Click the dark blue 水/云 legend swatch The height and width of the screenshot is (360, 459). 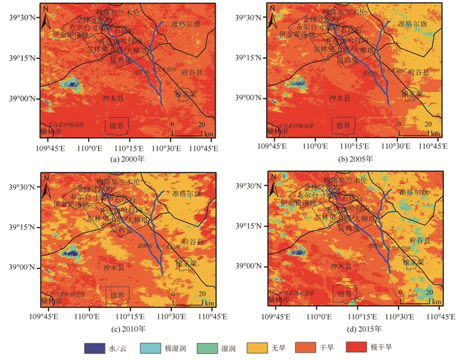pos(95,348)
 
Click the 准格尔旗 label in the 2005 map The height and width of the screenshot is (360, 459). pos(412,24)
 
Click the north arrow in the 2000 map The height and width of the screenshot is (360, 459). pos(45,18)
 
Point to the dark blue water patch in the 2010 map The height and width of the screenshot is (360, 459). pos(71,252)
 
